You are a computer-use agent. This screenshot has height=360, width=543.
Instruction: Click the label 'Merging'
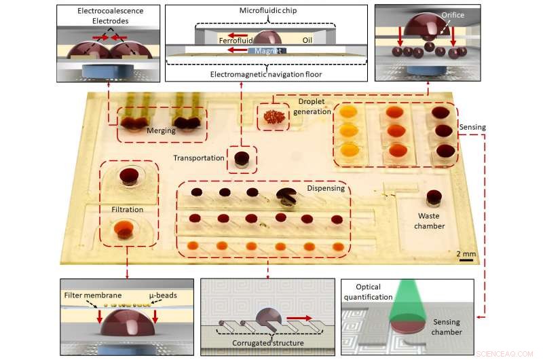pyautogui.click(x=161, y=133)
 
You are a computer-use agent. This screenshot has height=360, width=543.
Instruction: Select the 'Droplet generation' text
pyautogui.click(x=314, y=107)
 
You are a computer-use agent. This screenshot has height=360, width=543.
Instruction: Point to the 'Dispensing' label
pyautogui.click(x=326, y=188)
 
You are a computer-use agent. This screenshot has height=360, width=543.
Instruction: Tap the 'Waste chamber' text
pyautogui.click(x=431, y=221)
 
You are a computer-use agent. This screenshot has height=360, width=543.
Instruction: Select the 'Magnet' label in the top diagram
pyautogui.click(x=268, y=51)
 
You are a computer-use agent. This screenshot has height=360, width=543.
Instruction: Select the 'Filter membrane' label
pyautogui.click(x=92, y=296)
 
